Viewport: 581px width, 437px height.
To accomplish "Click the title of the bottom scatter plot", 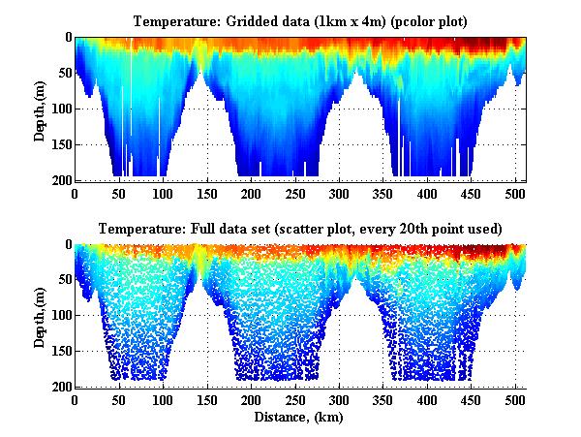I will coord(300,229).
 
